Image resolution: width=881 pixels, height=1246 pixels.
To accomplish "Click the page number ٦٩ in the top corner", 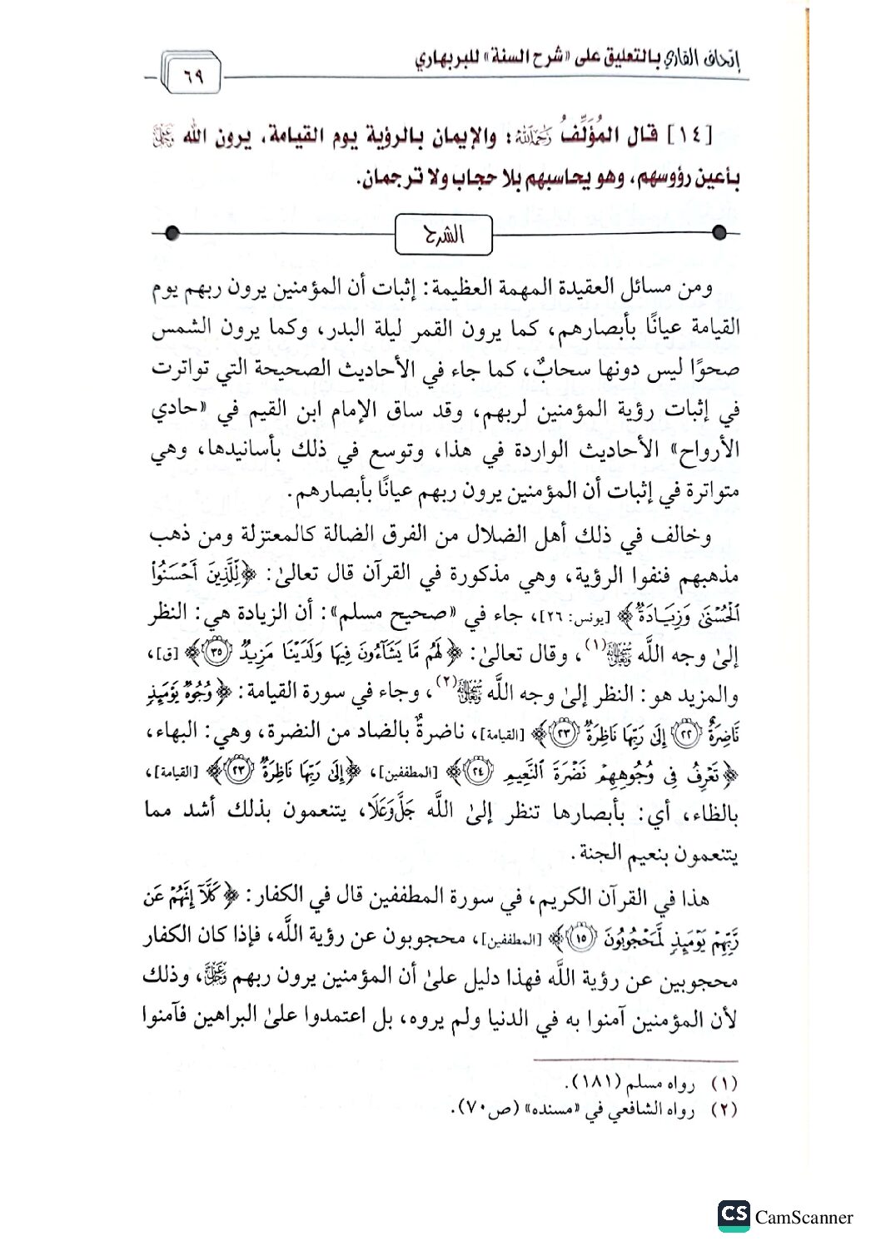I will (193, 79).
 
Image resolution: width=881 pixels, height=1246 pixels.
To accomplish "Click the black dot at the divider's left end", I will (171, 234).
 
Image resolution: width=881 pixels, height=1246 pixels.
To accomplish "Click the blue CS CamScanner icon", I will (734, 1216).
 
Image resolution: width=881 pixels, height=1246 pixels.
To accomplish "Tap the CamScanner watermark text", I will (804, 1218).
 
